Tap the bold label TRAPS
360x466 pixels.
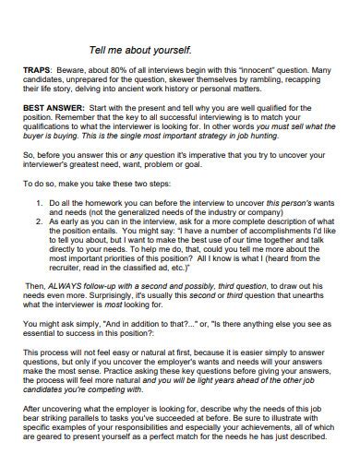39,70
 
